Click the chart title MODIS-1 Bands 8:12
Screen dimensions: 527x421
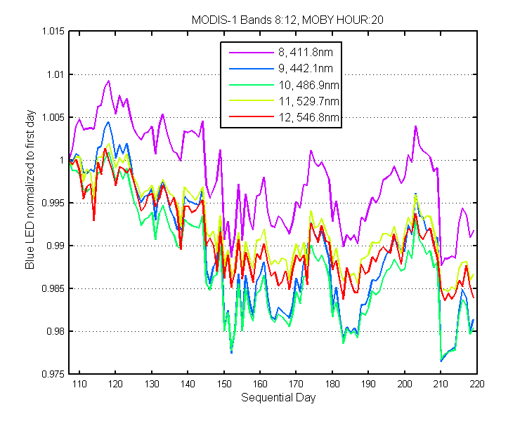[x=244, y=20]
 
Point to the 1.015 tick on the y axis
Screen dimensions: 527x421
[x=53, y=31]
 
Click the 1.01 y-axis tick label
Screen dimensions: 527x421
[x=56, y=74]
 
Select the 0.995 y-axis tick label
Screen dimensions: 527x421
[x=53, y=203]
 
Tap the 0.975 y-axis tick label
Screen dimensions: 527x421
[x=53, y=374]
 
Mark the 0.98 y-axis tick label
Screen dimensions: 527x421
[x=56, y=331]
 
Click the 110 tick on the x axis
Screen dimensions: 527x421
[x=79, y=384]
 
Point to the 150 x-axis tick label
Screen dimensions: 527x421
[x=224, y=384]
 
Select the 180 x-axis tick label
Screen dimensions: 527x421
[x=332, y=384]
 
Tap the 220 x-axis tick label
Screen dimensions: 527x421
[x=476, y=384]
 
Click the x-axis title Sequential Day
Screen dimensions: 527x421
[x=278, y=398]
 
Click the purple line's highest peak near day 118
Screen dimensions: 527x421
[x=108, y=81]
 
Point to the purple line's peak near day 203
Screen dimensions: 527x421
[x=416, y=126]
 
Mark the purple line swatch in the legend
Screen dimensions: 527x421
[x=252, y=53]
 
